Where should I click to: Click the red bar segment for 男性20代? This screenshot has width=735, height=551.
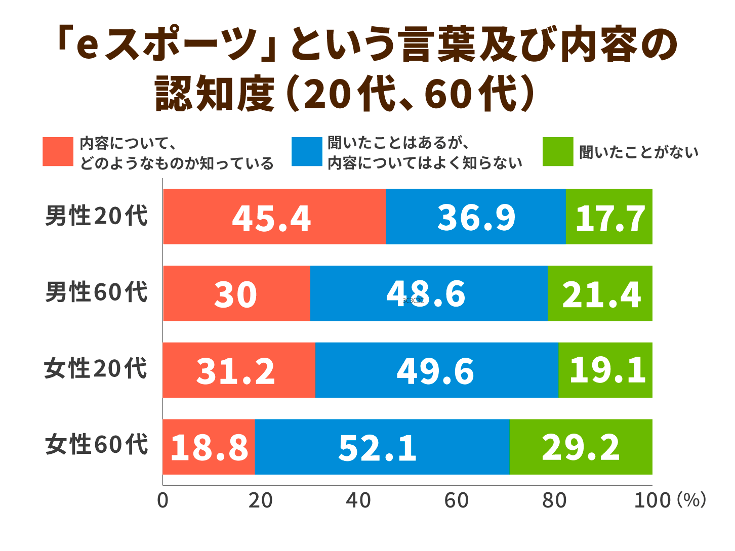click(274, 217)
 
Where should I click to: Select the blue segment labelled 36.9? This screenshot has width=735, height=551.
click(475, 217)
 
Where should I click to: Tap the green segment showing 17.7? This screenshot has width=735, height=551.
click(609, 217)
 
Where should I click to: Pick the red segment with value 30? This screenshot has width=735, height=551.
click(236, 293)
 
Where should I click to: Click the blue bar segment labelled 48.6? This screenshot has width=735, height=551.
click(428, 293)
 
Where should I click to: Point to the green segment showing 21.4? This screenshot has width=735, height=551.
click(600, 293)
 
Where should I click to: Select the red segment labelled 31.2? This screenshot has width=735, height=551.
click(239, 370)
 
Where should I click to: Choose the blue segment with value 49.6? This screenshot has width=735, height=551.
click(436, 370)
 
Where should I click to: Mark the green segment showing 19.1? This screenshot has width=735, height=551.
click(605, 370)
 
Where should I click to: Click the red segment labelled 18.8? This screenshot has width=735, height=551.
click(209, 447)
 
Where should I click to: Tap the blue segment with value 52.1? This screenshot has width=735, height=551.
click(382, 447)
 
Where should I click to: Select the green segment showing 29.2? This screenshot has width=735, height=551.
click(581, 447)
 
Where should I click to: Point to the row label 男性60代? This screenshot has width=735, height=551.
click(96, 292)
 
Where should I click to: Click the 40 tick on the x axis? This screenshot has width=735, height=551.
click(358, 500)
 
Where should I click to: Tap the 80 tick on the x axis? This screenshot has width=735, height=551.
click(554, 500)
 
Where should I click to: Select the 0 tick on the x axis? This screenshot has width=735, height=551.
click(162, 500)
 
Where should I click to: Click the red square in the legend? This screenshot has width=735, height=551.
click(58, 152)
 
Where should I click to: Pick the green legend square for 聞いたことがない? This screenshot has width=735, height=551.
click(558, 152)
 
